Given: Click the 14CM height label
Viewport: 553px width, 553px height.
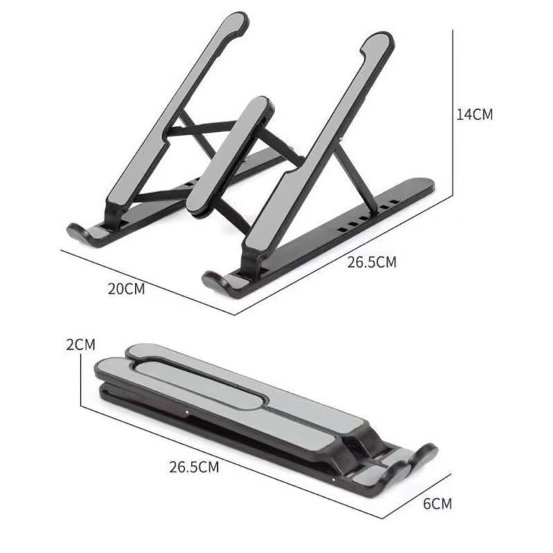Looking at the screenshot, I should [x=474, y=115].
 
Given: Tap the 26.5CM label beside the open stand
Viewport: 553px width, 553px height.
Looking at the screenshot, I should [x=372, y=262].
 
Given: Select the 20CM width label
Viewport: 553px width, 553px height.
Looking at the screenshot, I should [x=126, y=289].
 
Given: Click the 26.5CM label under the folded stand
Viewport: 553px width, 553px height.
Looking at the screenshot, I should [x=194, y=467].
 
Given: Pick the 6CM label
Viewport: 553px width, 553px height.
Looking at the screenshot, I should [x=438, y=503].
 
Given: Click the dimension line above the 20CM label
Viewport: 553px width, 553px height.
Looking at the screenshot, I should [x=149, y=273].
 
